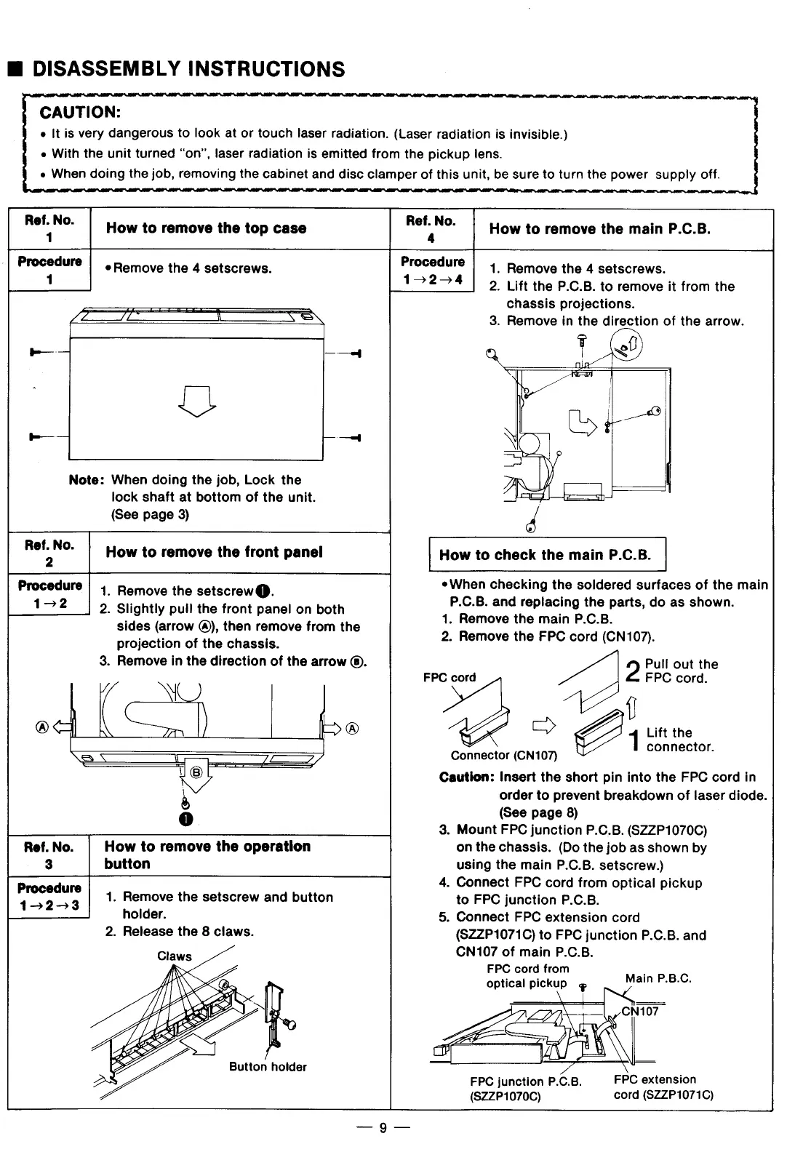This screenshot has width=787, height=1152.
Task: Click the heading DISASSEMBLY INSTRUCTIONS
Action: (x=189, y=69)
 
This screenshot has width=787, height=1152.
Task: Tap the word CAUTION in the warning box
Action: (x=79, y=112)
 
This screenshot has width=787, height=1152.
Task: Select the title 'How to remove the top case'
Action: (x=206, y=228)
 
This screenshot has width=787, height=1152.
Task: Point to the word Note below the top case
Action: (x=87, y=480)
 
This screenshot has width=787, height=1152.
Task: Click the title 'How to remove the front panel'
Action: (x=214, y=552)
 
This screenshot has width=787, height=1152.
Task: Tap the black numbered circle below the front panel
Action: (x=187, y=820)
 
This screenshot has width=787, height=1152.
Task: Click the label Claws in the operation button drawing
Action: (x=175, y=956)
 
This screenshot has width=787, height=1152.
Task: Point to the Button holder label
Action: (x=268, y=1067)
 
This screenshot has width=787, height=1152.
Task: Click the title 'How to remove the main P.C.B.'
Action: (x=599, y=229)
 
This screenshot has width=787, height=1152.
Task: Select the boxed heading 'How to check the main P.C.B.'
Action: (x=546, y=556)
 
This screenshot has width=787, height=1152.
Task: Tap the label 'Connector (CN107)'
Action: (x=503, y=756)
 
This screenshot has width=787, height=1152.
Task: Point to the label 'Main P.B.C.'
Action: (x=658, y=978)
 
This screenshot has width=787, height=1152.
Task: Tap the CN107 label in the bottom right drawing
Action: (x=640, y=1011)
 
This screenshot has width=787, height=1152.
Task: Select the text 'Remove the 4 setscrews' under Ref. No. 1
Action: (x=193, y=268)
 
